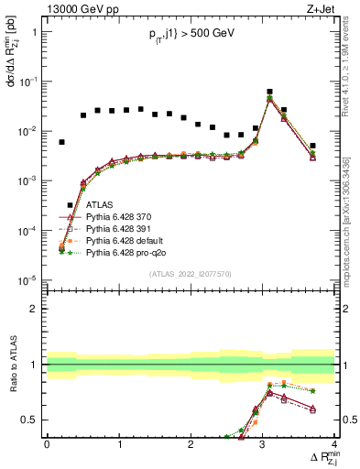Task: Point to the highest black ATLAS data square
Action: point(269,92)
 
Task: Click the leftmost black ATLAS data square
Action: point(61,142)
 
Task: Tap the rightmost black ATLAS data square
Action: point(312,146)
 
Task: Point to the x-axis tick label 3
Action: point(263,444)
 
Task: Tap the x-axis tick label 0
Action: point(47,444)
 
